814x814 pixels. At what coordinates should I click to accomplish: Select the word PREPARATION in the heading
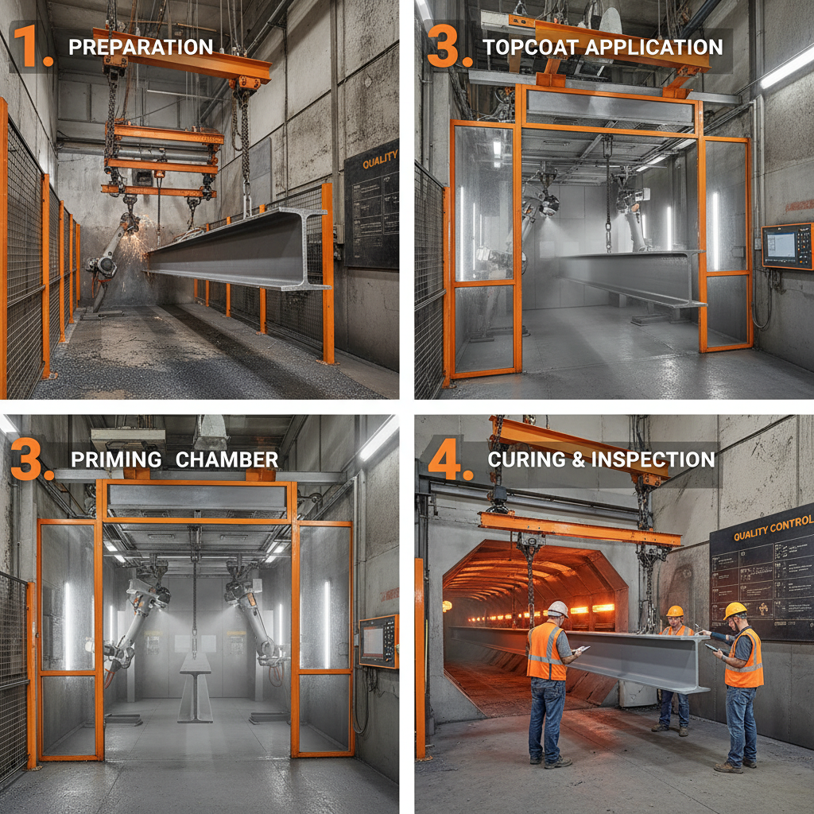click(141, 47)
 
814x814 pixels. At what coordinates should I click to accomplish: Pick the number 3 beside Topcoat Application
click(448, 47)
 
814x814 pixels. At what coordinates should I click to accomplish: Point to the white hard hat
click(558, 609)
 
